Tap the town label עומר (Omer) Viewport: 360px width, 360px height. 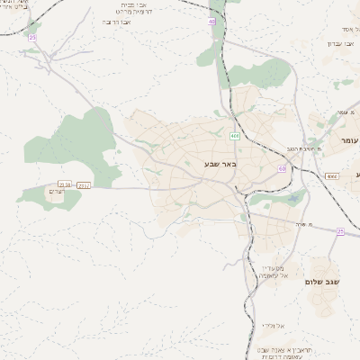tap(349, 141)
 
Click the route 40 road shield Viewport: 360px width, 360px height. tap(211, 20)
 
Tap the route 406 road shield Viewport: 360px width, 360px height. tap(235, 137)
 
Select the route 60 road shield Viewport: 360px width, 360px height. tap(282, 168)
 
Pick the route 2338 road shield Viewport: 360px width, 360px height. tap(65, 184)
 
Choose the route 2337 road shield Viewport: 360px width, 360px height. tap(84, 184)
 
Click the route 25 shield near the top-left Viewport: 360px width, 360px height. tap(32, 37)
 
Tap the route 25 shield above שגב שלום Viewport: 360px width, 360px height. tap(340, 231)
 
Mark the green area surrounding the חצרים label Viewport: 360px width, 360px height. tap(40, 191)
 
